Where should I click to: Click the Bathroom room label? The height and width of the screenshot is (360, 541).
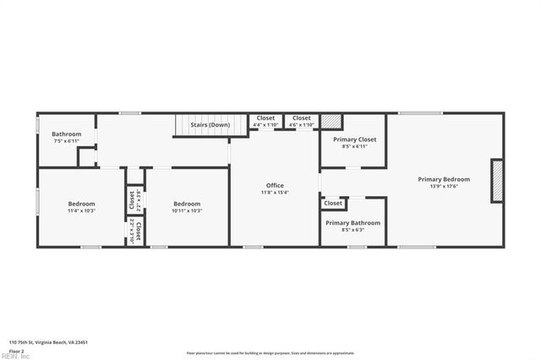point(67,134)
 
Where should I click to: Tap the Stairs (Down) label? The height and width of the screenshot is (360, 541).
point(210,125)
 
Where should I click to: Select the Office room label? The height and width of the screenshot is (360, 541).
point(275,185)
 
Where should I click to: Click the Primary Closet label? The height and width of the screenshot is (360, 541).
point(354,139)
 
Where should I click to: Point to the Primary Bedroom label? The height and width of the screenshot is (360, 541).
point(444,179)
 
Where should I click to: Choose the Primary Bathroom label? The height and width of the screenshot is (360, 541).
point(354,223)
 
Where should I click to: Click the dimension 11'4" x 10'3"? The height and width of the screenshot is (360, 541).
point(81,210)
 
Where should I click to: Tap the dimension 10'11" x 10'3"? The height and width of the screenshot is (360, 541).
point(187,210)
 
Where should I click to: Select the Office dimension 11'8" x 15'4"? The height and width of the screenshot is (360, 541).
point(275,193)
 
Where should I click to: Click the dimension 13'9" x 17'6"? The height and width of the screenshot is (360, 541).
point(444,187)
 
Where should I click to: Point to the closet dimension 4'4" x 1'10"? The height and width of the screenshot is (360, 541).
point(265,125)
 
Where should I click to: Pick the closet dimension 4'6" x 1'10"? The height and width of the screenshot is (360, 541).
point(301,125)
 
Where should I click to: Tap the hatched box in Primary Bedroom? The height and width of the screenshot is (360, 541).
point(497,181)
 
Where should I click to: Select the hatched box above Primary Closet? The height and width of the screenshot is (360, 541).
point(330,121)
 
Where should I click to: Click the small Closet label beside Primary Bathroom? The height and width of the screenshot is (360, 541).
point(333,203)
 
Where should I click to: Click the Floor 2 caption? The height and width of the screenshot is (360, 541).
point(16,350)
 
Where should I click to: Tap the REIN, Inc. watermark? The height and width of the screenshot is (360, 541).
point(14,357)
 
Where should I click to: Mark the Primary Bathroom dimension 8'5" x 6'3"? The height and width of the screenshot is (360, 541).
point(354,230)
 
